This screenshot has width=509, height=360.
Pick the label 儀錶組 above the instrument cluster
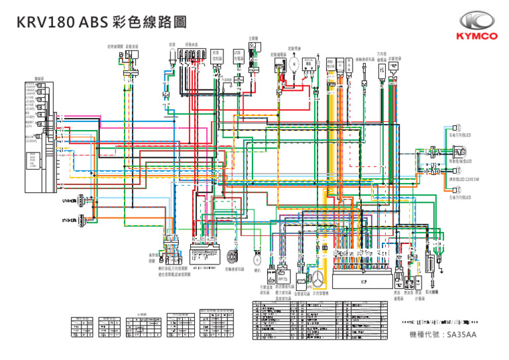point(38,78)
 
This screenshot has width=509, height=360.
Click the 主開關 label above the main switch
point(253,38)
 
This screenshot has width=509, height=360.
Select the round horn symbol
point(233,257)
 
